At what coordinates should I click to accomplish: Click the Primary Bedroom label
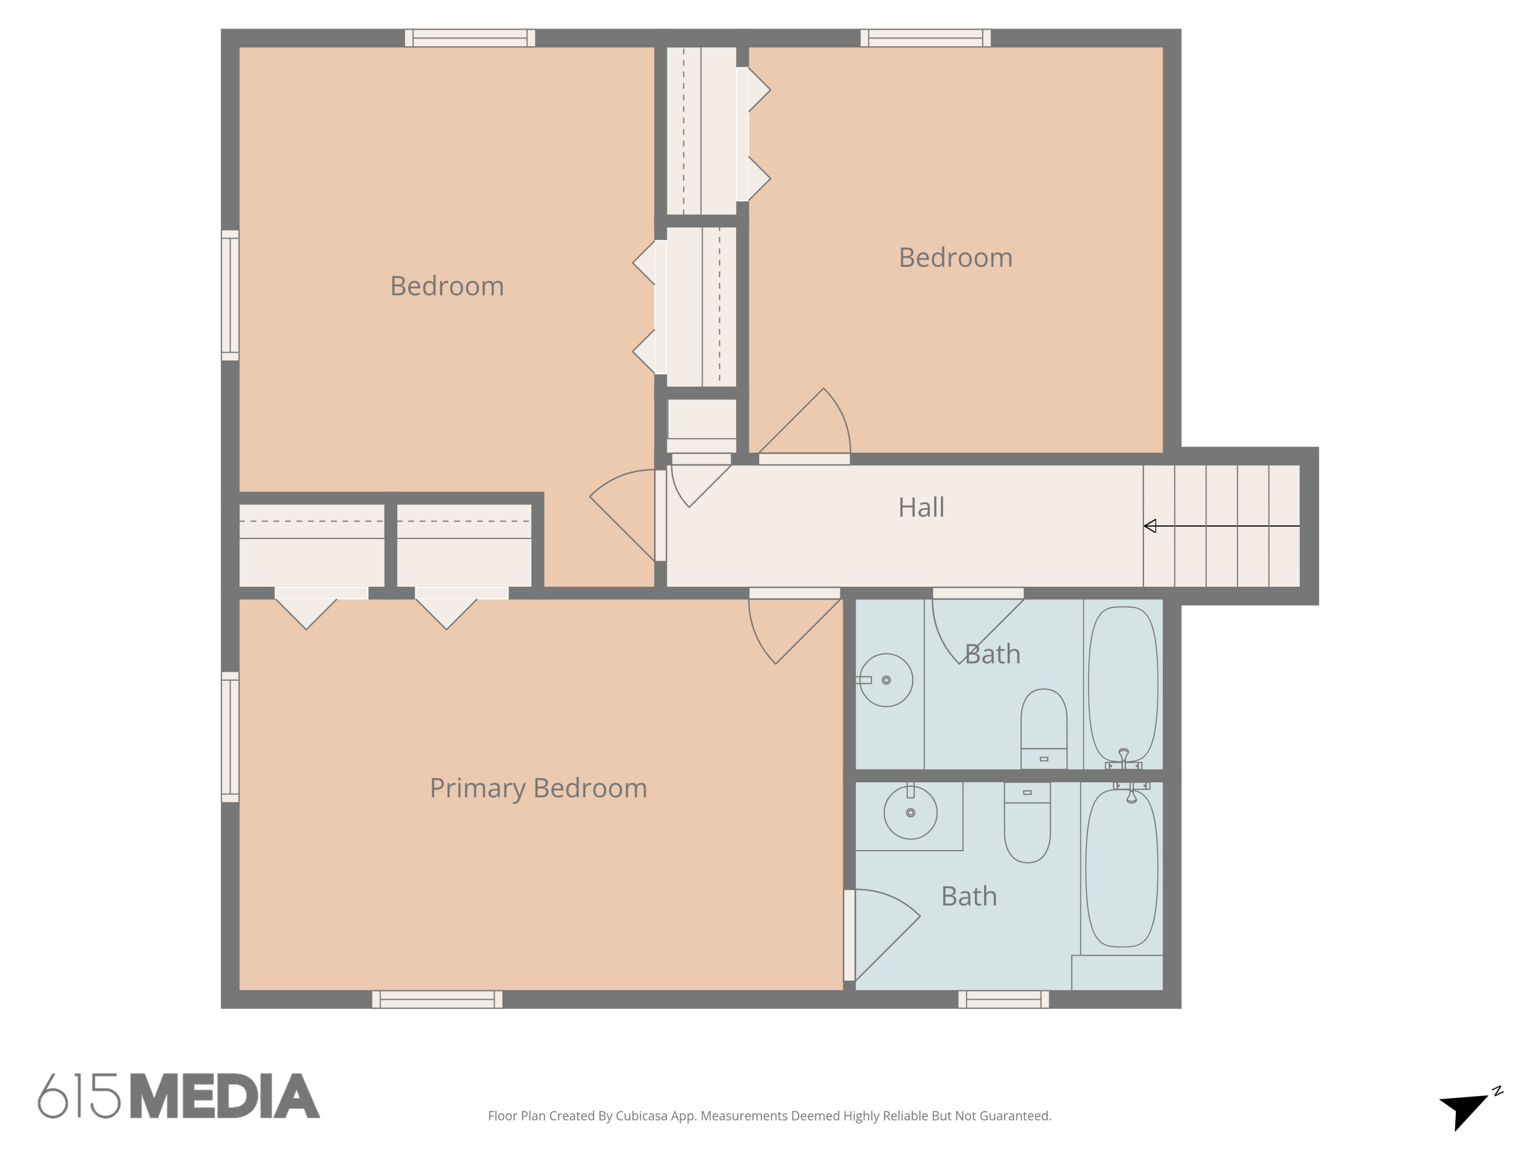tap(538, 788)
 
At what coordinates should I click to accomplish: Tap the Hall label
tap(921, 508)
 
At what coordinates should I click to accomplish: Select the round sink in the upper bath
tap(885, 680)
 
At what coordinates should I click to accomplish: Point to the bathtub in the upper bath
tap(1123, 684)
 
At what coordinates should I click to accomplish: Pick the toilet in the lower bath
tap(1027, 822)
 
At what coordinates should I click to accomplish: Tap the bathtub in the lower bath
tap(1122, 868)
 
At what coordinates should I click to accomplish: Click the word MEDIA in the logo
tap(225, 1096)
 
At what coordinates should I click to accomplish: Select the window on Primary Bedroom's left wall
tap(230, 737)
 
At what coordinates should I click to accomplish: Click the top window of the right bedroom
tap(925, 38)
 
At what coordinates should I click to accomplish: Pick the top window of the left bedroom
tap(470, 38)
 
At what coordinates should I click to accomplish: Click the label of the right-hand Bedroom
tap(955, 258)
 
